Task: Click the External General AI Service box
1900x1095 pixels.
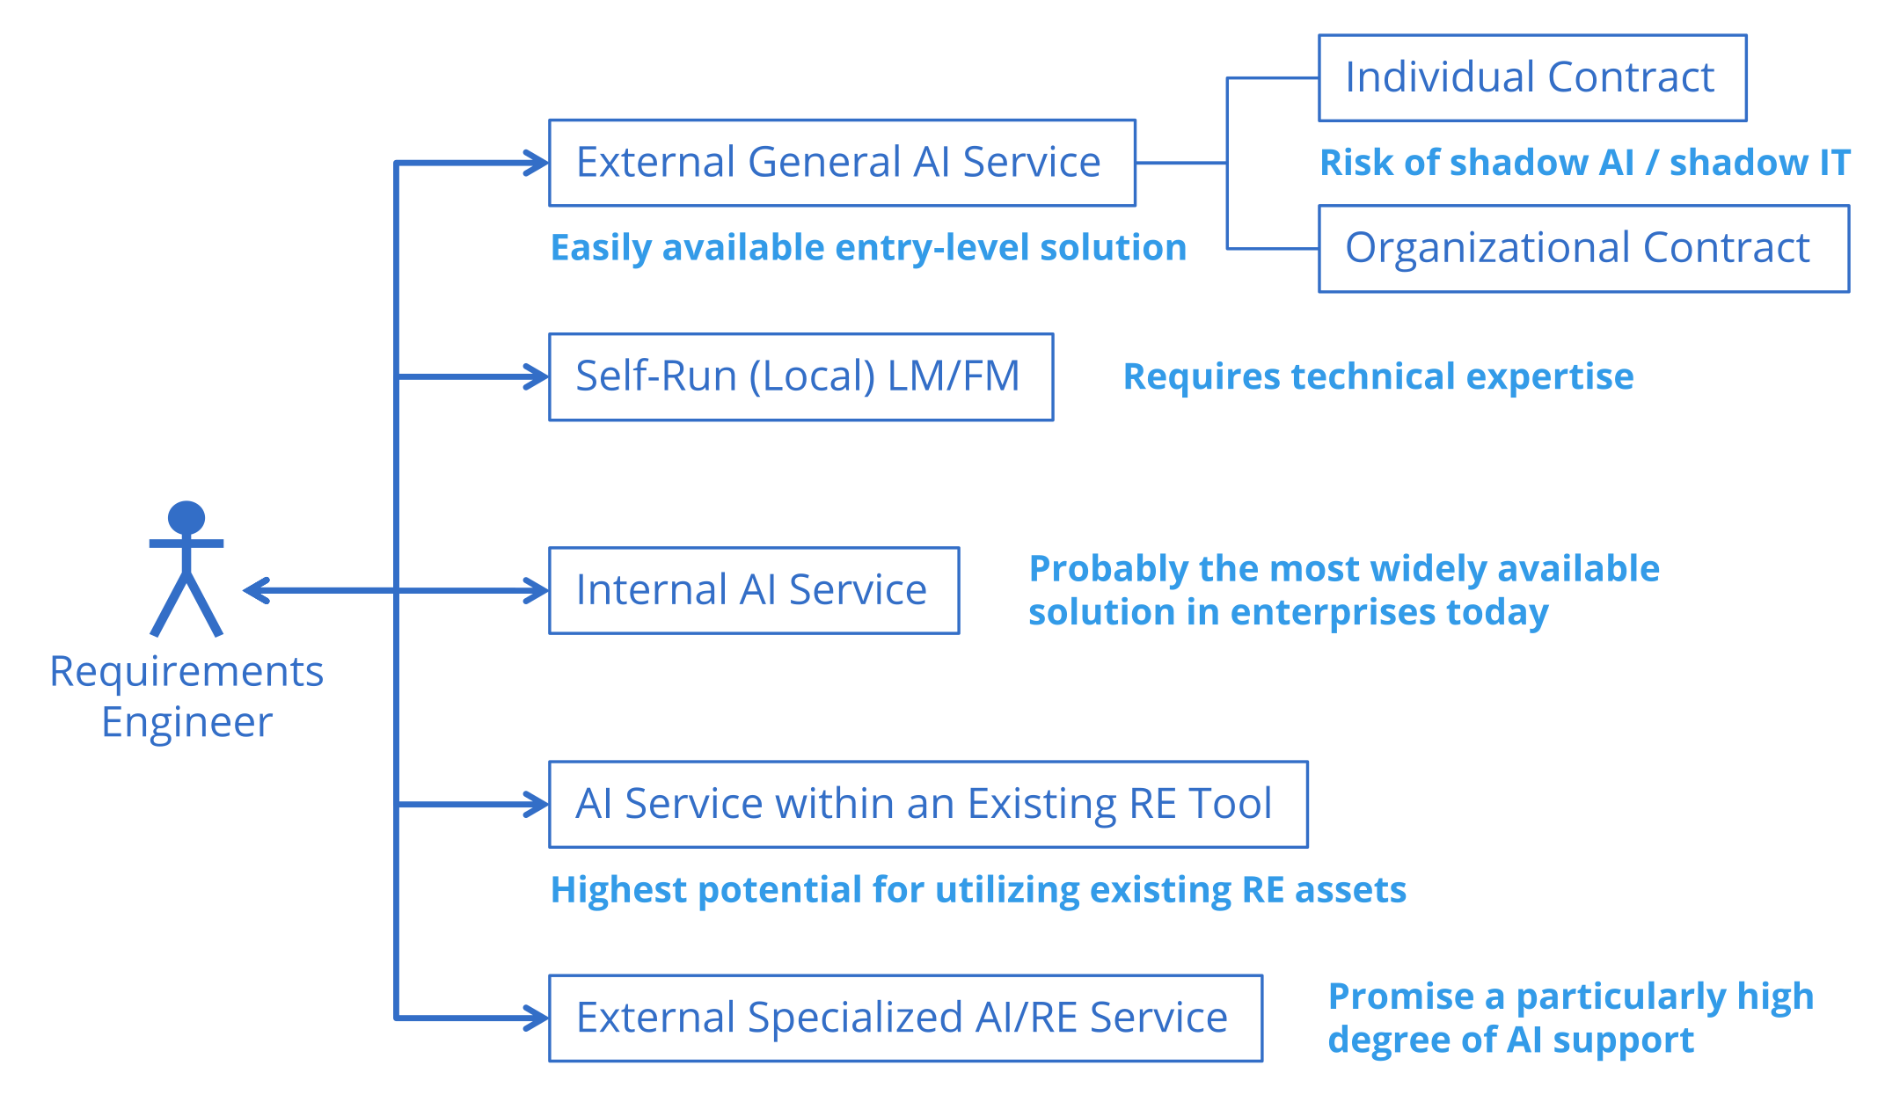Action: click(842, 163)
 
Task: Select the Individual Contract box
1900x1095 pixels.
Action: click(1531, 77)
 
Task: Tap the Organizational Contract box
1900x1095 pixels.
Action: click(1582, 248)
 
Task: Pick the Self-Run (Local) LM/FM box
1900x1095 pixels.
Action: click(800, 376)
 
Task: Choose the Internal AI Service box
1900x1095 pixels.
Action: click(753, 590)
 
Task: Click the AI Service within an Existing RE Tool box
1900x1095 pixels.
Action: click(927, 804)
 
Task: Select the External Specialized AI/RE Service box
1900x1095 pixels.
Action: click(904, 1018)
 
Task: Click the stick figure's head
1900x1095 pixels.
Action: click(186, 518)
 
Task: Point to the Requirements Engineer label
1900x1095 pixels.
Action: click(186, 696)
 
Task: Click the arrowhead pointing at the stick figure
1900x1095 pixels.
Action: click(254, 590)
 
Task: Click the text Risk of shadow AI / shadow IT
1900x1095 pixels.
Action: click(1584, 163)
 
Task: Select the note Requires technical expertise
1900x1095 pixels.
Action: click(1377, 376)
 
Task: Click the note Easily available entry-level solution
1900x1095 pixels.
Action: click(867, 248)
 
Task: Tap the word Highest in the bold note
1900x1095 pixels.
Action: click(618, 890)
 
